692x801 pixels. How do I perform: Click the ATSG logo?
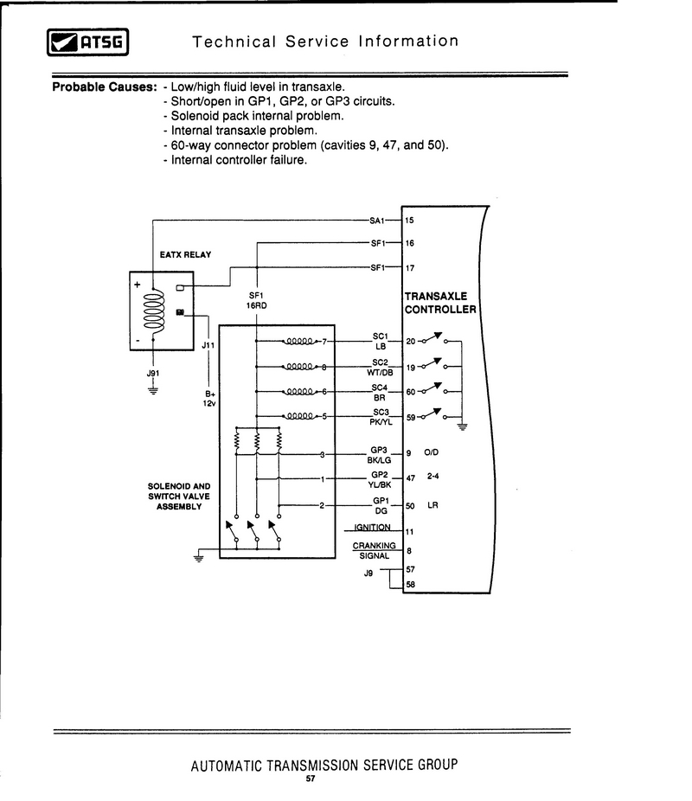tap(87, 42)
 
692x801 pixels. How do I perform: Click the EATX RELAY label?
tap(185, 254)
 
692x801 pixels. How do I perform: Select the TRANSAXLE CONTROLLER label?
tap(440, 303)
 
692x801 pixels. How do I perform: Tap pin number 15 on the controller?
tap(409, 221)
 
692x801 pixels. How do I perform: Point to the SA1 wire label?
tap(377, 221)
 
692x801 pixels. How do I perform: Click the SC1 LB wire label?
tap(381, 341)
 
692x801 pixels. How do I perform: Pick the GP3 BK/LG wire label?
tap(379, 455)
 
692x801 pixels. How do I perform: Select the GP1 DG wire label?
tap(381, 506)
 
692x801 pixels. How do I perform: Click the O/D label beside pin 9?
tap(431, 452)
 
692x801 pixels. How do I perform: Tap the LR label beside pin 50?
tap(432, 505)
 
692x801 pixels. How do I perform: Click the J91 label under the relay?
tap(153, 374)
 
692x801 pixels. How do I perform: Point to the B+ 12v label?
tap(210, 399)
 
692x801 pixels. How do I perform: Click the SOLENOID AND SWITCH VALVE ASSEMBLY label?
tap(179, 496)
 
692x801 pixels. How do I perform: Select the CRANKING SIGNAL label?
tap(375, 551)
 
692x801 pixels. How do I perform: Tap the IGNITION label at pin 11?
tap(372, 527)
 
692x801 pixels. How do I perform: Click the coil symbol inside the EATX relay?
tap(154, 311)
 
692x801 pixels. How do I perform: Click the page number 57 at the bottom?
tap(311, 779)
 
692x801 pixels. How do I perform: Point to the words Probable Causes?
tap(104, 87)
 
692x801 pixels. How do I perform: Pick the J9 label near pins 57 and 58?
tap(368, 574)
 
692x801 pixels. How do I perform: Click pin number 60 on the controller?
tap(410, 392)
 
